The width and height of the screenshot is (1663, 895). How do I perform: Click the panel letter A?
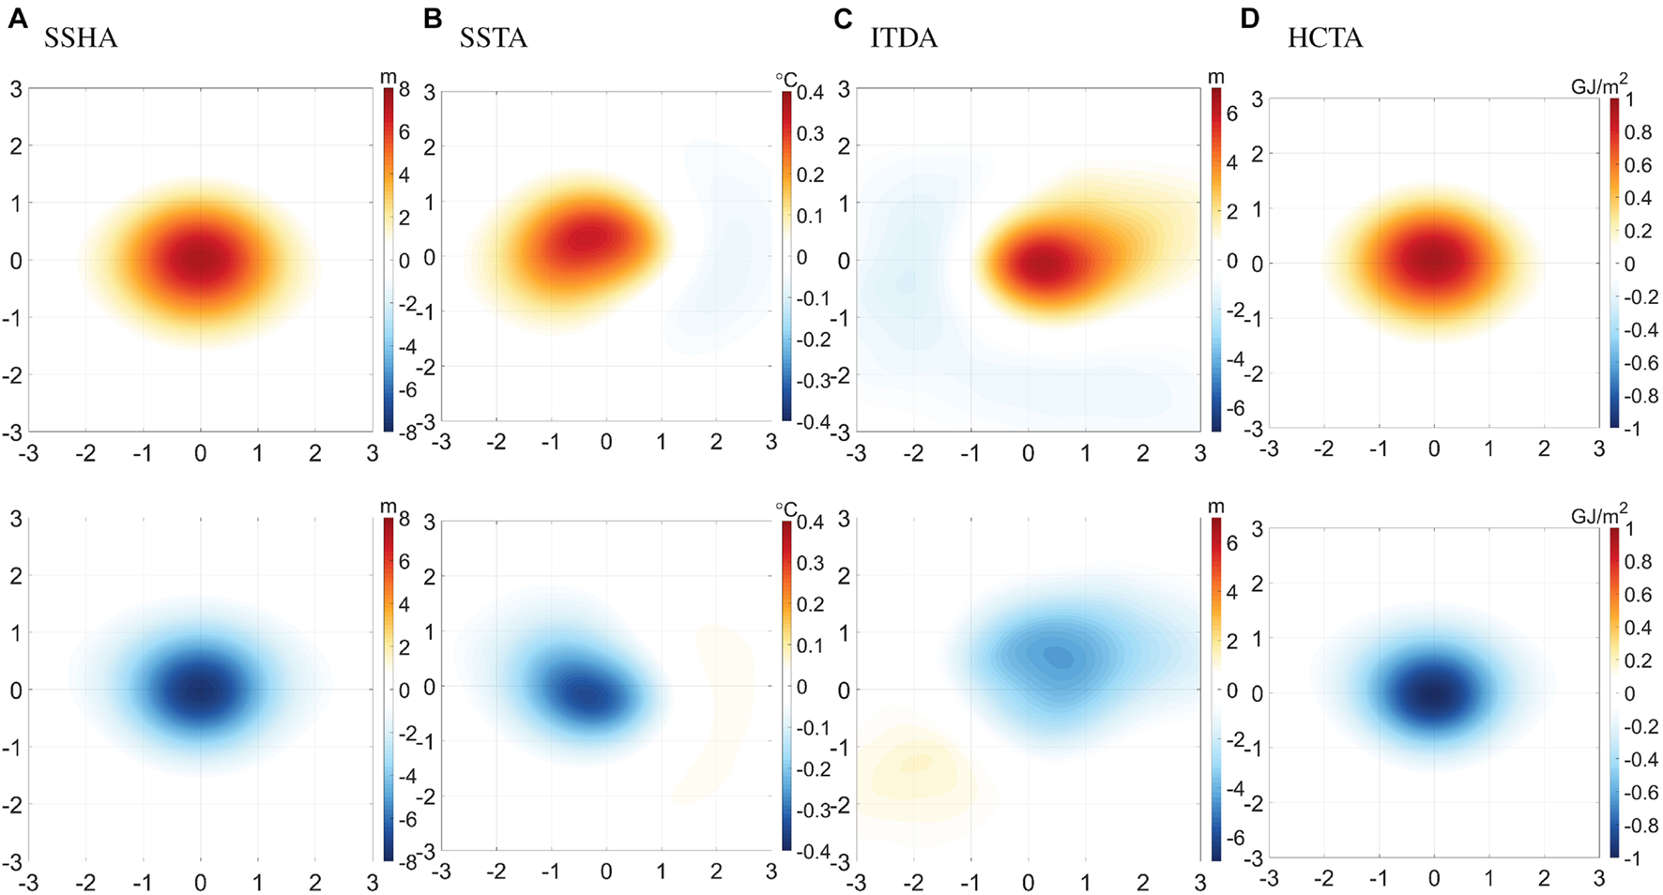coord(17,19)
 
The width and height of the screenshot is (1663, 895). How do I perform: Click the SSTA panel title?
coord(493,38)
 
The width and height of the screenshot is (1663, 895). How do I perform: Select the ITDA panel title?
coord(903,38)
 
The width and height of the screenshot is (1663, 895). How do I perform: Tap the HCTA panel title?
coord(1324,38)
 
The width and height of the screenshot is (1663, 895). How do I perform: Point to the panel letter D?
coord(1249,19)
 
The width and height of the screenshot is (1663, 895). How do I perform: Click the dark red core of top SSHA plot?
coord(200,260)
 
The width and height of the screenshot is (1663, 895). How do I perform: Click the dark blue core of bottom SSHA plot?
coord(200,690)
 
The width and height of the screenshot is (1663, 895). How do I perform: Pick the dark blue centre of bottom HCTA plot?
coord(1433,694)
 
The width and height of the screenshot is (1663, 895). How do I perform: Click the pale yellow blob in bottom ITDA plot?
coord(915,765)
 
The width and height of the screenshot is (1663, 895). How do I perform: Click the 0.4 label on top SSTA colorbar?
coord(810,93)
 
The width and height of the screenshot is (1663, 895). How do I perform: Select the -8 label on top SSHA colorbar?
coord(404,432)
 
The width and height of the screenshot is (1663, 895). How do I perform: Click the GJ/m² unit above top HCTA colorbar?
coord(1599,85)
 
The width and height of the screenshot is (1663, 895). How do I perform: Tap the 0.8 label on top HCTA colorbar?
coord(1639,132)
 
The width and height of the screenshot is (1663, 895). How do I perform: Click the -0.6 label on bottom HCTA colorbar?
coord(1640,793)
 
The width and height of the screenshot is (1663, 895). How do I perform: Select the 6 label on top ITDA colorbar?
coord(1232,114)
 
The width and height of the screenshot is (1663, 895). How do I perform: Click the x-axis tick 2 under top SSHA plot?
coord(315,454)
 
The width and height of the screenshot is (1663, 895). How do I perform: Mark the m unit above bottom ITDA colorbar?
coord(1216,507)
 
